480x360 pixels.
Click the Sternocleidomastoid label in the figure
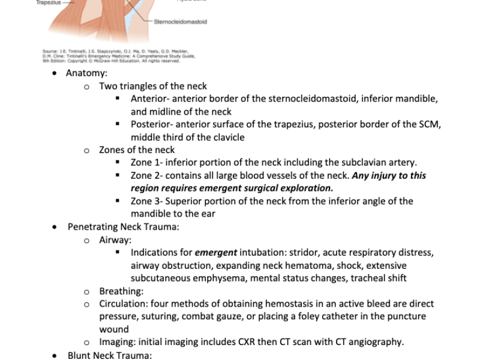pos(180,22)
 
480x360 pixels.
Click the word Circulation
pos(123,304)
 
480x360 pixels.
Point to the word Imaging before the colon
pos(118,342)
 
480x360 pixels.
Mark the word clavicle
pos(225,137)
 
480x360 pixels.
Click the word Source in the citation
pos(49,51)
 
